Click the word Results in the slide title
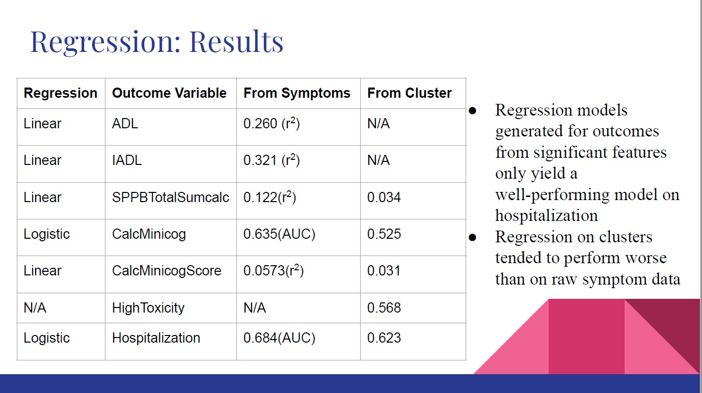tap(236, 42)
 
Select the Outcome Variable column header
tap(169, 93)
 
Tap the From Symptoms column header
tap(297, 93)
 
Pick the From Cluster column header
tap(409, 93)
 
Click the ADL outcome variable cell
tap(125, 123)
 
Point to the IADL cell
tap(127, 160)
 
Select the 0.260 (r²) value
tap(272, 123)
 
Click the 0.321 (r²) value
tap(272, 160)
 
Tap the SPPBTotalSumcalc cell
tap(171, 198)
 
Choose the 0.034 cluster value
tap(384, 198)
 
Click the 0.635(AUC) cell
tap(279, 234)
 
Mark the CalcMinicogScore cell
tap(167, 271)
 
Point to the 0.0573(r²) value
tap(274, 270)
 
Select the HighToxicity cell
tap(148, 308)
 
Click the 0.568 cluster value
tap(384, 307)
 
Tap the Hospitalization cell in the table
tap(156, 338)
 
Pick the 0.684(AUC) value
tap(279, 338)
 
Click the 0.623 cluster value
tap(384, 338)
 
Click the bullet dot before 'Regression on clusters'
tap(473, 237)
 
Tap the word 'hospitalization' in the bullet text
tap(547, 216)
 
